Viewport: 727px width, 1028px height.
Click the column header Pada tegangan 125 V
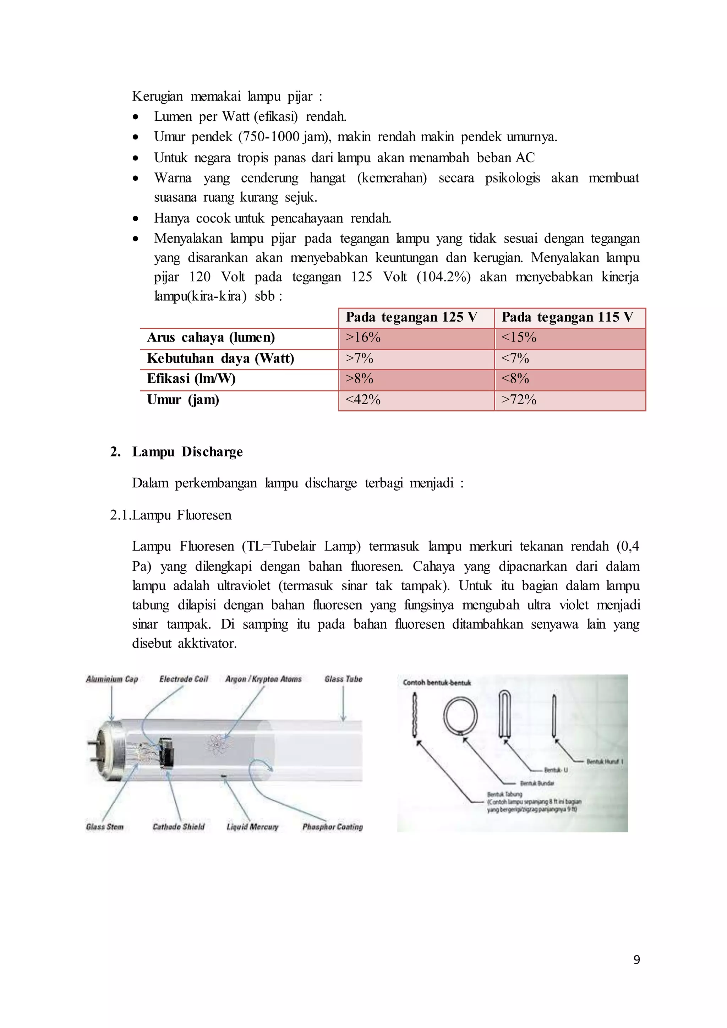click(x=411, y=317)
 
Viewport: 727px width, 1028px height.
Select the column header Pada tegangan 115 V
click(x=567, y=317)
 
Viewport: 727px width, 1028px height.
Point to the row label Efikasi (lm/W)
click(x=191, y=379)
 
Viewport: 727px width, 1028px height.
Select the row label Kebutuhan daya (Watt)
click(x=220, y=359)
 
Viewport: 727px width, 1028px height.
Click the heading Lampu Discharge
click(x=187, y=452)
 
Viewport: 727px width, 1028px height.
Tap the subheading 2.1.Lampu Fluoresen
click(x=170, y=515)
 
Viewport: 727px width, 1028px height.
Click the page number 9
click(x=636, y=959)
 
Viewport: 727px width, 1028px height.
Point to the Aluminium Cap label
click(x=112, y=679)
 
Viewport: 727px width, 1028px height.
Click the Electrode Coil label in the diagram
click(x=184, y=679)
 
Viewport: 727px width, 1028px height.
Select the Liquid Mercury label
click(x=252, y=827)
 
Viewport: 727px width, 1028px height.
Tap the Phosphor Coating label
click(x=332, y=827)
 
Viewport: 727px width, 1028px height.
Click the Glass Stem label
click(x=104, y=827)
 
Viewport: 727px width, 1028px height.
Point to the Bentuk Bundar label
click(x=537, y=783)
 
